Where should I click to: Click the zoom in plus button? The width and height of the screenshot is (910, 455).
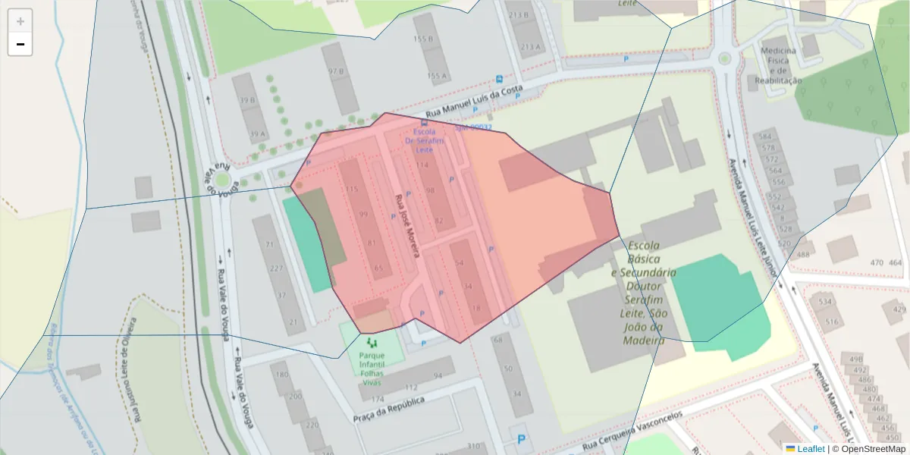(x=20, y=21)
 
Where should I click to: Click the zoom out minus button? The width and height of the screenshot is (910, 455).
(x=20, y=45)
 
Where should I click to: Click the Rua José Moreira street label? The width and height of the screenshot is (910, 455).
(x=406, y=226)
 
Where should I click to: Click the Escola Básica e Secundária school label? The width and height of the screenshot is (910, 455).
(x=644, y=292)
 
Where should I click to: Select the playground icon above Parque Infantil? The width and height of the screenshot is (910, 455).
(x=371, y=344)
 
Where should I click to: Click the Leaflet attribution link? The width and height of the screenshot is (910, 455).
(x=809, y=449)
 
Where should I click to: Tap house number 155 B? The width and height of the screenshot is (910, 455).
(x=422, y=39)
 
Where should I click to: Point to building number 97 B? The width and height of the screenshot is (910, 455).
(x=336, y=71)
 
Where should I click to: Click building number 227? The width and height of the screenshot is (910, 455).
(x=277, y=269)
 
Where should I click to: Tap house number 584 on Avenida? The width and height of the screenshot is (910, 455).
(x=766, y=136)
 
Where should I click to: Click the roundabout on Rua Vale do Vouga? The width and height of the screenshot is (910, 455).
(x=222, y=180)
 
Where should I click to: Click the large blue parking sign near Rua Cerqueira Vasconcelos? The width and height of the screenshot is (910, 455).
(x=520, y=438)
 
